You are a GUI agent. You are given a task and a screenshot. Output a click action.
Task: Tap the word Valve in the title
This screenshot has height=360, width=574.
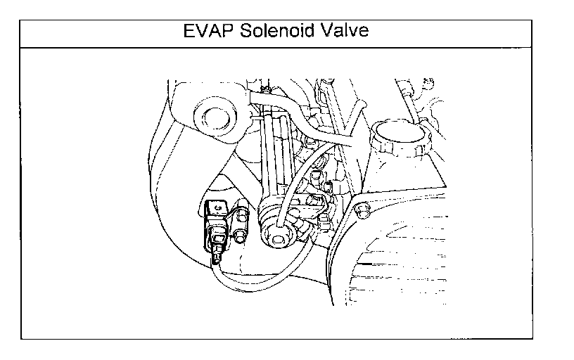pos(345,32)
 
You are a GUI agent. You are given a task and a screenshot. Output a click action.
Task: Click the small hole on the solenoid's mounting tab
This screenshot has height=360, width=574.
pos(220,207)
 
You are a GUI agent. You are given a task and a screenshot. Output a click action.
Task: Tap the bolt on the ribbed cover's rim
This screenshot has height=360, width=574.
pos(362,210)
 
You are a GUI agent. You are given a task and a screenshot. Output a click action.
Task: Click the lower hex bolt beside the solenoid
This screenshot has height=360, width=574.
pos(241,236)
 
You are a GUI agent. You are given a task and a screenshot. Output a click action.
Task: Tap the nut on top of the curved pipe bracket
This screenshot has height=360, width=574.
pos(264,90)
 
